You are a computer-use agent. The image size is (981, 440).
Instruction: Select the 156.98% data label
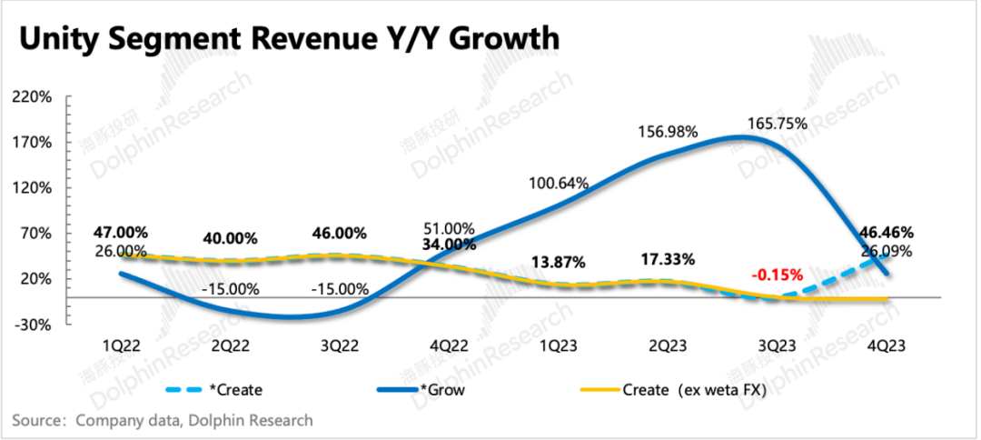(666, 132)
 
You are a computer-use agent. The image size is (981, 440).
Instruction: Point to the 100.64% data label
(560, 184)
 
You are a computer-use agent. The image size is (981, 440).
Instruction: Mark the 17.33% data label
(663, 259)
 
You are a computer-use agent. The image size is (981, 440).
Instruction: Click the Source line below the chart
(163, 420)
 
